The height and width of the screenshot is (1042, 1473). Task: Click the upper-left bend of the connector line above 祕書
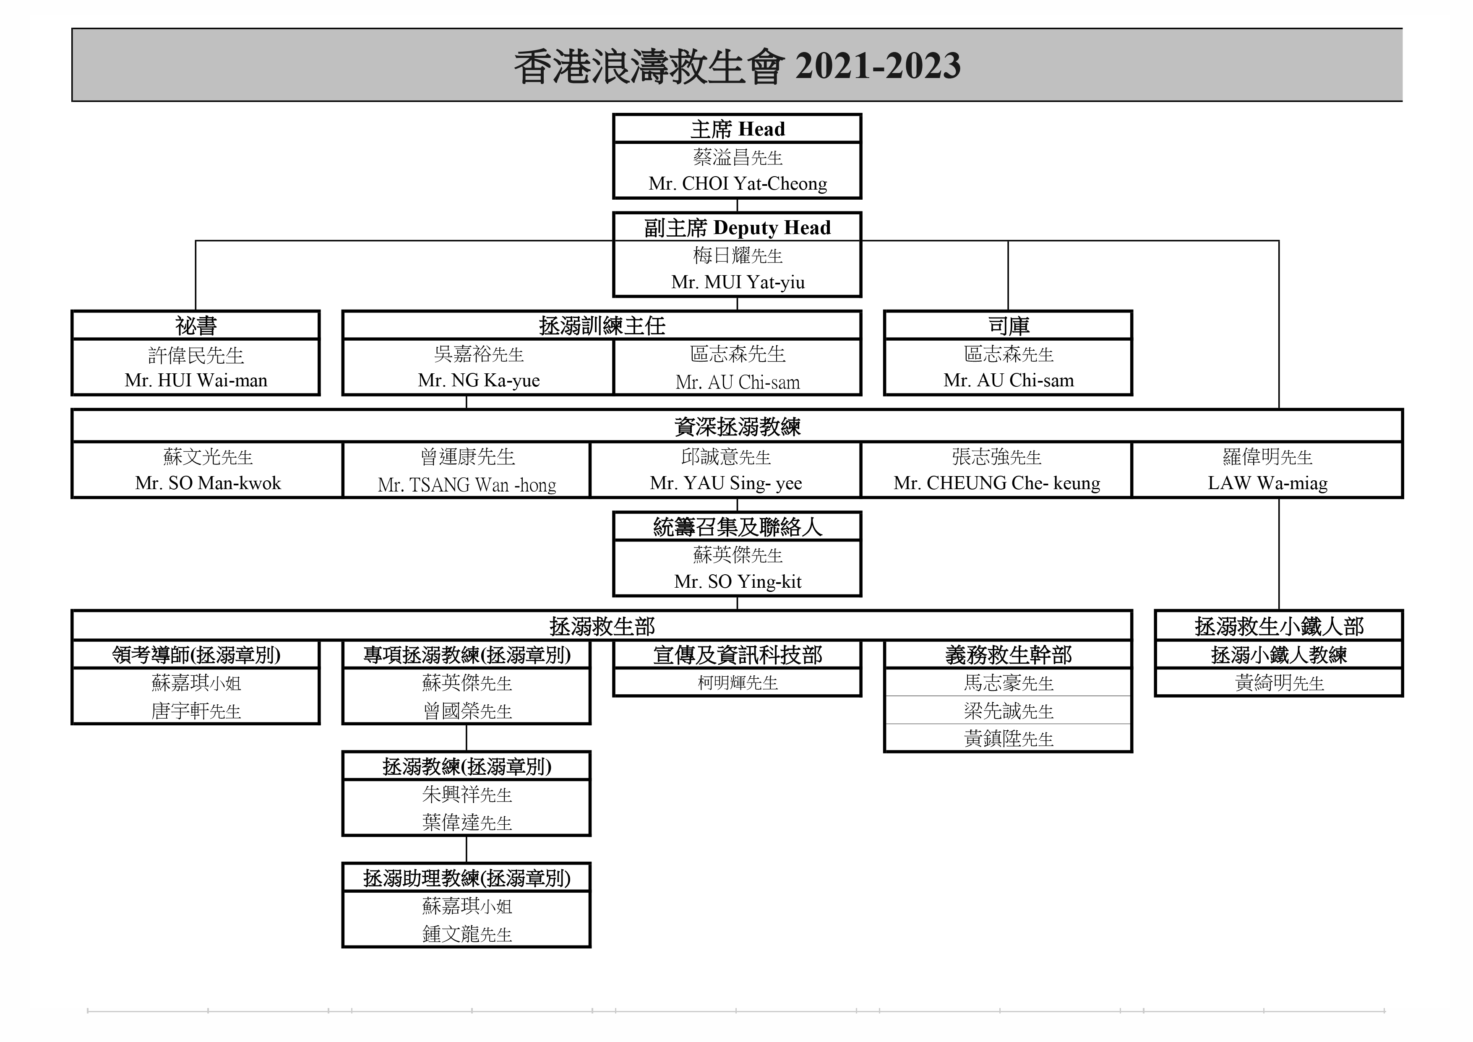pos(196,241)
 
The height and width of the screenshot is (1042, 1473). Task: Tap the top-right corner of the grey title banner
pos(1403,28)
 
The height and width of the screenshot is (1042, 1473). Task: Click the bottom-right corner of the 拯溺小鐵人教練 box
pos(1403,696)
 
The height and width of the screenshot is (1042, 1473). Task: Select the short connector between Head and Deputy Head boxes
pos(737,205)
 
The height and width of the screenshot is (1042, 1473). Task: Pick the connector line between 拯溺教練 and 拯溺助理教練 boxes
pos(467,849)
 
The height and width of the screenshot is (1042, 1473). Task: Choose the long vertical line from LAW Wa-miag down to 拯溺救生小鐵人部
pos(1279,554)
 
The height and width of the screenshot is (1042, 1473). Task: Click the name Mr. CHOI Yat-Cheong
pos(738,183)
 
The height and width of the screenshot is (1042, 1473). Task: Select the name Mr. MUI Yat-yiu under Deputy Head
pos(738,282)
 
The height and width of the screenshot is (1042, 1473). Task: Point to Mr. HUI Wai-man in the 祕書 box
pos(196,380)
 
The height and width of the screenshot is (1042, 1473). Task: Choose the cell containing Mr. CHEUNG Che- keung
pos(996,470)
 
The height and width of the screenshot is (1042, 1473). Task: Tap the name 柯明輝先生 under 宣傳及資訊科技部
pos(738,683)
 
